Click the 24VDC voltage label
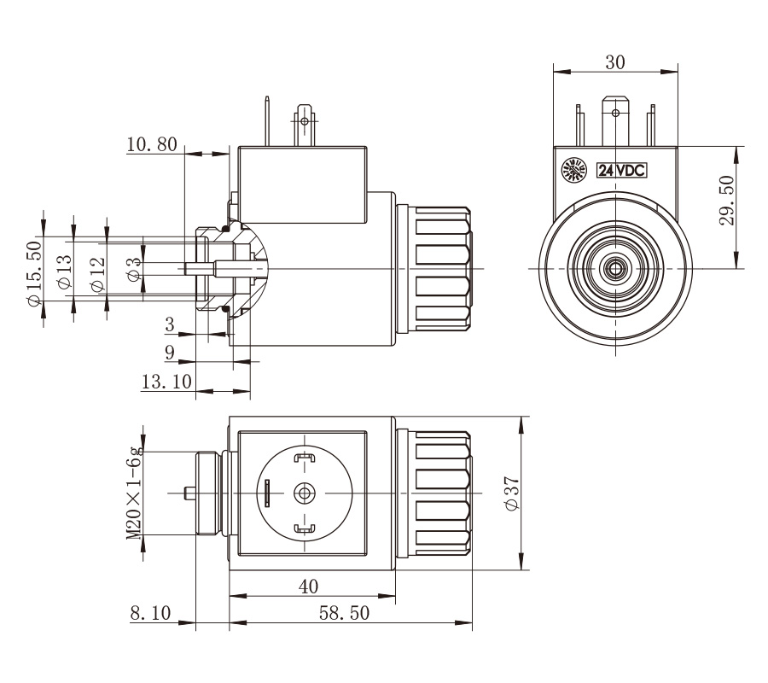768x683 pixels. tap(620, 170)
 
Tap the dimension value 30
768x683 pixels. tap(614, 62)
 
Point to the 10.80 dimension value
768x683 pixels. tap(151, 144)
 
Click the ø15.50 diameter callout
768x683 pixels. tap(33, 273)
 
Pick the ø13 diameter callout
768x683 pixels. tap(64, 271)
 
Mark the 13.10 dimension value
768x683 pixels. tap(166, 382)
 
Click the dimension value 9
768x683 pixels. tap(169, 351)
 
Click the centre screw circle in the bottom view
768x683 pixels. tap(304, 493)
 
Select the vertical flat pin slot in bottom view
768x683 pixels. tap(266, 493)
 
